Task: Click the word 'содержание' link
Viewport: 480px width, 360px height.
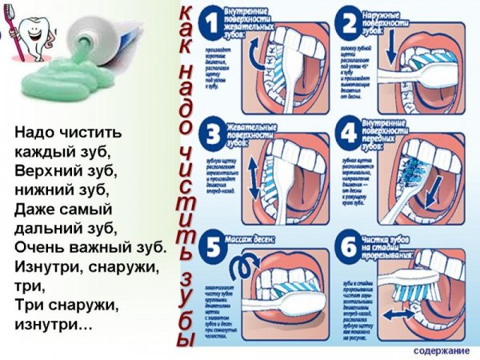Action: [442, 350]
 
